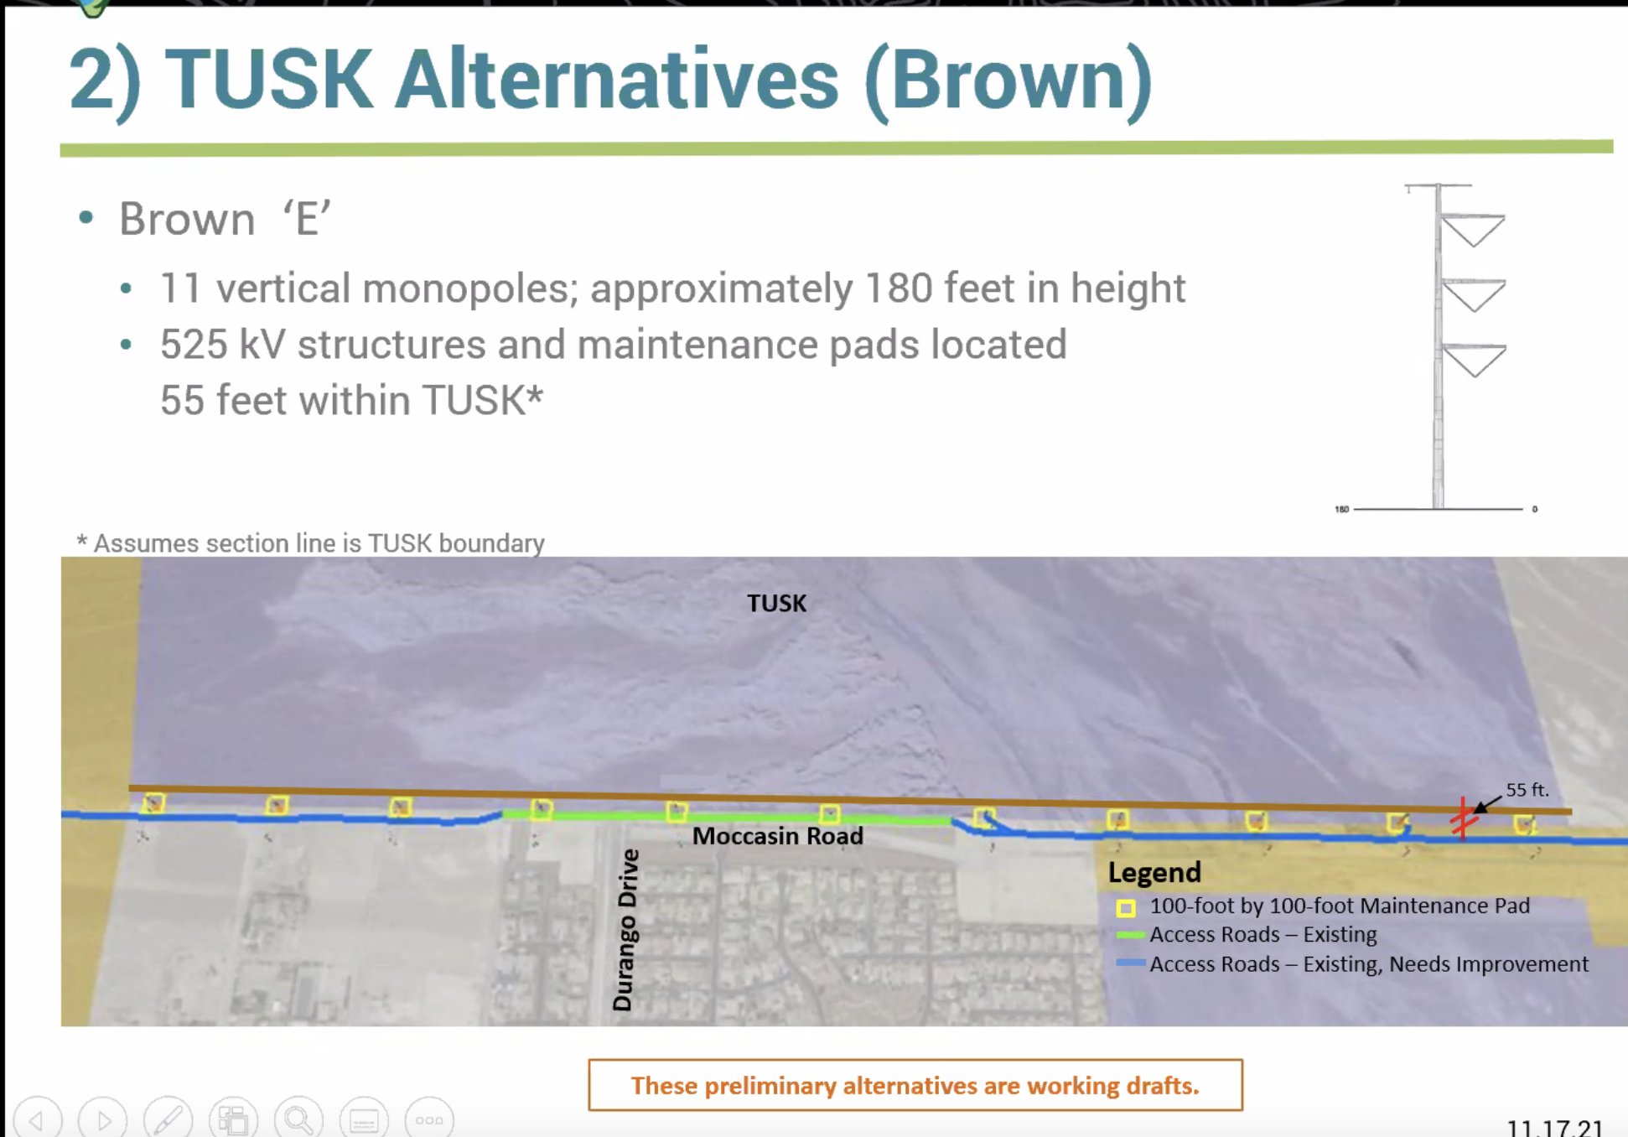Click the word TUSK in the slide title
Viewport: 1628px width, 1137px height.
click(268, 80)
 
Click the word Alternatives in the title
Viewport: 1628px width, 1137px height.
click(616, 80)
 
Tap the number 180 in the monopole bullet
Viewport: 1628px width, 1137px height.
click(898, 288)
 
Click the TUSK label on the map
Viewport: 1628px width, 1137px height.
click(776, 603)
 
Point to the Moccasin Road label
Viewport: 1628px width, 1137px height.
click(777, 836)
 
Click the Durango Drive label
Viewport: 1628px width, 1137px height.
click(626, 930)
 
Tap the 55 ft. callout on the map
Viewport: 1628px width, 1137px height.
click(1527, 790)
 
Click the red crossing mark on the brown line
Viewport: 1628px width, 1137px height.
click(1463, 818)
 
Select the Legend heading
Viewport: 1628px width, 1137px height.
click(1154, 873)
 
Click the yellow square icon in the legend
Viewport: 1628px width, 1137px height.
click(1126, 908)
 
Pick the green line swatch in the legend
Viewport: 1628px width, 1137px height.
click(1131, 934)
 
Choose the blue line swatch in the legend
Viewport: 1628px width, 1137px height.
click(1131, 963)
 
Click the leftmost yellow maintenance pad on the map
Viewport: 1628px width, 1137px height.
click(153, 803)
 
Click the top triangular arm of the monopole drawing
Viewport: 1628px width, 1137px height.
click(1473, 230)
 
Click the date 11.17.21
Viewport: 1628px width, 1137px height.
click(1554, 1126)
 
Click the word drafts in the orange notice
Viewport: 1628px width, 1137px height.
click(1162, 1086)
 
